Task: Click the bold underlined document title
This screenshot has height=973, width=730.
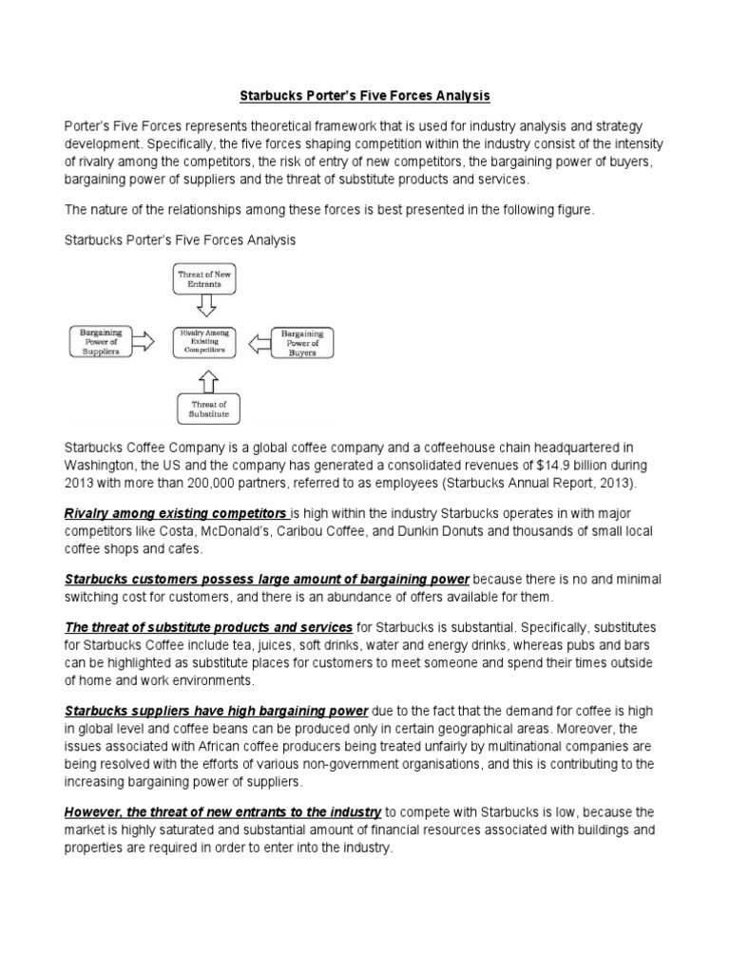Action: pos(365,97)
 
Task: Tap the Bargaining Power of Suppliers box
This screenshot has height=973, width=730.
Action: pos(100,341)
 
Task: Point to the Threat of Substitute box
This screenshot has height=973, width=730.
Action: pos(209,409)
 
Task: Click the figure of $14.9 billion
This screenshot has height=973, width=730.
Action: pos(545,466)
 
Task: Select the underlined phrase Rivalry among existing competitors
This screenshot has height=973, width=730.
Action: pos(175,513)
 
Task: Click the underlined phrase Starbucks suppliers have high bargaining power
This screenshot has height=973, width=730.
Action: pos(216,710)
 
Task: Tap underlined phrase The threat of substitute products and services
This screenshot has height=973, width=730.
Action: pos(208,628)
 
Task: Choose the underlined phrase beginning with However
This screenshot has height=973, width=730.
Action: pos(222,812)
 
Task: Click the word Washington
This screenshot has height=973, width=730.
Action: pos(101,466)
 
